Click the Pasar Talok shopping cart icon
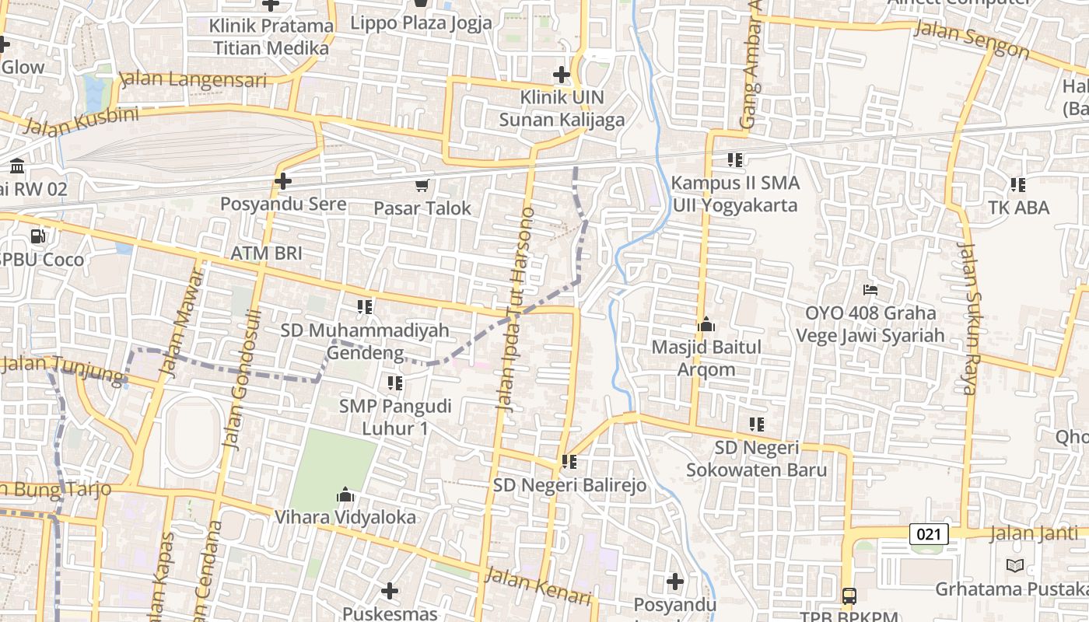coord(422,185)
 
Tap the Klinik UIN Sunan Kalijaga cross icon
coord(561,75)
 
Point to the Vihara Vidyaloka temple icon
coord(345,494)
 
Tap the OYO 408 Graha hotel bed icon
coord(870,290)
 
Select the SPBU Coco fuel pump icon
coord(37,236)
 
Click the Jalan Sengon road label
coord(972,39)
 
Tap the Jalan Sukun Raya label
coord(968,319)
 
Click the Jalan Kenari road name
coord(538,585)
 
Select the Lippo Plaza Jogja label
coord(421,23)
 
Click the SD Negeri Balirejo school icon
coord(569,462)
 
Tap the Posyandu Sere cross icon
coord(283,181)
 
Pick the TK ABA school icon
coord(1017,185)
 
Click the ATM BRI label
coord(266,253)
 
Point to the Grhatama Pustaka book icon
coord(1014,565)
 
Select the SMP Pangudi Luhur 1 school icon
coord(395,383)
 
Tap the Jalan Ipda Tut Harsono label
coord(516,308)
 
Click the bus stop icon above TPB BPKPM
coord(849,596)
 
